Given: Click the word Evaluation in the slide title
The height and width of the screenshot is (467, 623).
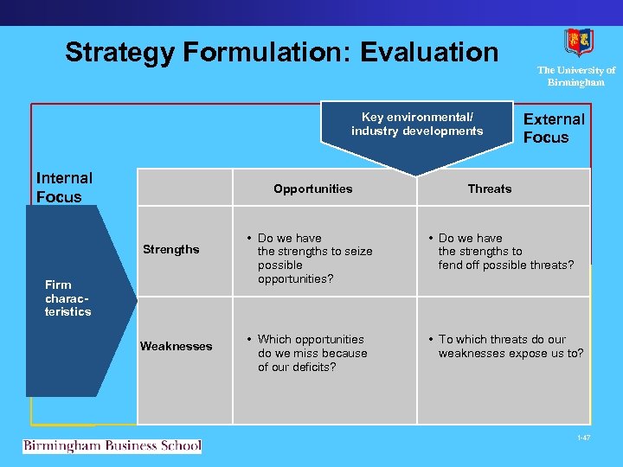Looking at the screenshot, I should point(429,52).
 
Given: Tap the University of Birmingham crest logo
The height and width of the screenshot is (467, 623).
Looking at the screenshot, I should point(577,42).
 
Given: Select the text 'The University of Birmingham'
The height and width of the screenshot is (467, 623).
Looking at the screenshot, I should point(576,76).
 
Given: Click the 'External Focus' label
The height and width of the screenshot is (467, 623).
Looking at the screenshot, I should point(554,128).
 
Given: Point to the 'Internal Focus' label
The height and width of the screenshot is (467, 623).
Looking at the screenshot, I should point(64,187).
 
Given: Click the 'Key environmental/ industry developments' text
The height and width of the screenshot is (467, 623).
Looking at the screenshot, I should point(417,124).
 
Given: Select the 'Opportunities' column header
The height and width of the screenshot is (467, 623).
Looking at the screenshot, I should point(312,189).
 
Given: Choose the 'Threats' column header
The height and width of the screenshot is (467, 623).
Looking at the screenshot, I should point(489,189).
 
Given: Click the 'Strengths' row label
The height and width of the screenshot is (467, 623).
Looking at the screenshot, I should point(170,250).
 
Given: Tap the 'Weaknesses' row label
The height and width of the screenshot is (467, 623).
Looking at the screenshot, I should point(176,346).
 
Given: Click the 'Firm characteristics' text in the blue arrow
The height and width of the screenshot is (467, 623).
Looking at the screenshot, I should point(68,297).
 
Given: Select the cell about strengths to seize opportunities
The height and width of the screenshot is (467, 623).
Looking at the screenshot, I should point(314,258).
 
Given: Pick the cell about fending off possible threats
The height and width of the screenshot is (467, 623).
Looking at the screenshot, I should point(504,252).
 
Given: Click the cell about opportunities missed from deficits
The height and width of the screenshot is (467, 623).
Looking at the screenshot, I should point(311,353).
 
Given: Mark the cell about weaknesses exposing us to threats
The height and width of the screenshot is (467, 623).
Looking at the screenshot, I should point(510,346).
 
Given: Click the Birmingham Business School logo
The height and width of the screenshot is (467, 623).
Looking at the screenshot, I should point(112,446).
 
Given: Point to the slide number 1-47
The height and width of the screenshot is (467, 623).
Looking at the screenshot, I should point(583,438).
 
